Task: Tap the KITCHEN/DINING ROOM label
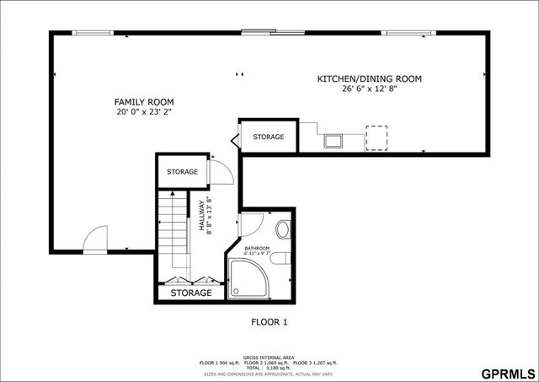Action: [x=369, y=78]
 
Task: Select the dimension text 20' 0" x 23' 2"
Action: [x=144, y=111]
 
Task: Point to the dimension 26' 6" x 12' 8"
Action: [x=369, y=89]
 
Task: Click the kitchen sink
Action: [x=334, y=140]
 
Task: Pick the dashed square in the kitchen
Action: [x=376, y=137]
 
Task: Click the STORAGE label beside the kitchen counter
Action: [x=269, y=137]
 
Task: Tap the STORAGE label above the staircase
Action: [x=182, y=172]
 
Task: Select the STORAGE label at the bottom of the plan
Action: [x=191, y=293]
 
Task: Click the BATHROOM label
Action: [x=259, y=248]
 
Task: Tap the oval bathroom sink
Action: [x=283, y=229]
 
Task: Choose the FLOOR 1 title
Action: [x=269, y=321]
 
